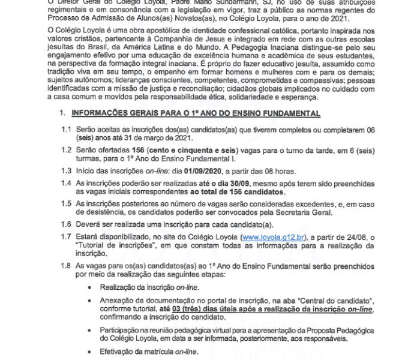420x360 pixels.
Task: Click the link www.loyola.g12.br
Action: tap(270, 238)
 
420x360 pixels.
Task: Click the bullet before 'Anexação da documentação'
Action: tap(90, 300)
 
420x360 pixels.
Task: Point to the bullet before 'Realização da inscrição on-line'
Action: tap(90, 288)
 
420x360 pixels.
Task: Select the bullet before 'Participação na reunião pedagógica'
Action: tap(90, 331)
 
